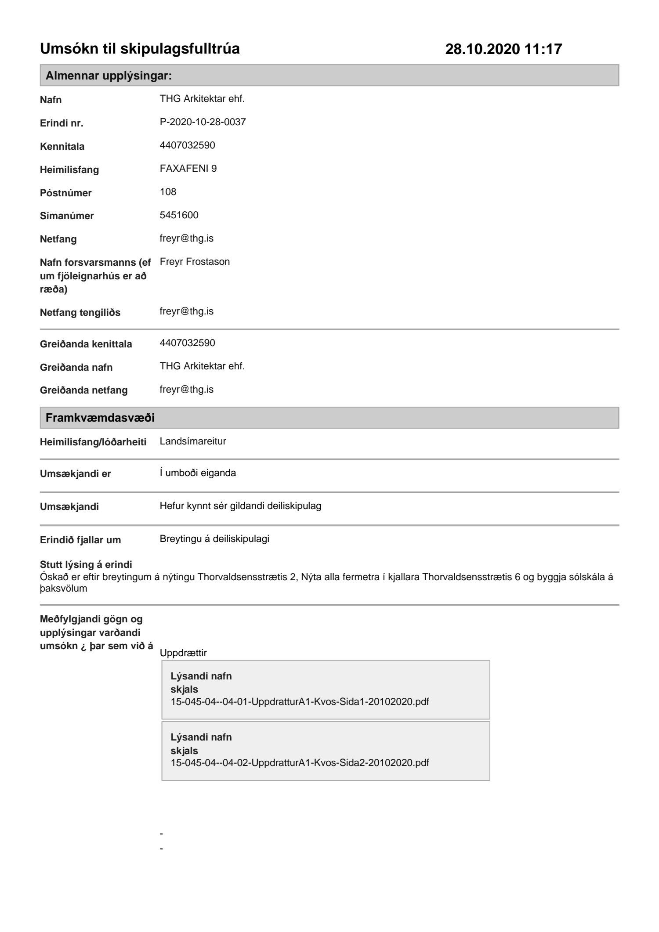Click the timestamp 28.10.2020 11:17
click(503, 49)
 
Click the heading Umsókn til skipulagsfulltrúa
click(140, 49)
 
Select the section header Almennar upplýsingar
click(109, 76)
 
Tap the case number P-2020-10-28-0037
click(203, 122)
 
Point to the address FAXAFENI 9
click(188, 169)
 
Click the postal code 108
click(168, 192)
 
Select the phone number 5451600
click(179, 215)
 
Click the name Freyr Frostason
click(195, 262)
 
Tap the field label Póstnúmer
click(65, 193)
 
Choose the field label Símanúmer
click(67, 216)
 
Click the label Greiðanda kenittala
click(86, 344)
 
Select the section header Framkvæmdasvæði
click(100, 418)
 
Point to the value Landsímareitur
click(193, 441)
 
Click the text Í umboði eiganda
click(198, 473)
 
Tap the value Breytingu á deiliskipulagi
click(214, 539)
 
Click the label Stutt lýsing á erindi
click(86, 564)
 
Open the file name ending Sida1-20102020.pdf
click(300, 701)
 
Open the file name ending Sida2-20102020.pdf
click(300, 762)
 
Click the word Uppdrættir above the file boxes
click(183, 653)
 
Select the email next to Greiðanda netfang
click(186, 390)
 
